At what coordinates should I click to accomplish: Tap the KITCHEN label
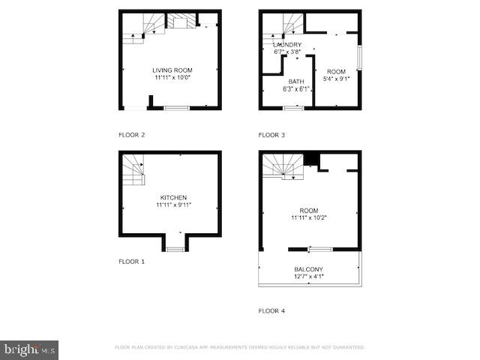point(173,197)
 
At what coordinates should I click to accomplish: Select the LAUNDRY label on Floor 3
point(287,45)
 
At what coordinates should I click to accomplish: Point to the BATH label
point(295,82)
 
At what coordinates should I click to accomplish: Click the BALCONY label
point(309,269)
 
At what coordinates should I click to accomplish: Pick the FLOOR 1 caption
point(131,262)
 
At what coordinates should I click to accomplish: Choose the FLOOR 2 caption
point(131,135)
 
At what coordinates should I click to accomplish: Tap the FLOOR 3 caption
point(271,135)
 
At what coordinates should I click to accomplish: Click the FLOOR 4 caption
point(271,310)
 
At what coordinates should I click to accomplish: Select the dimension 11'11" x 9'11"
point(172,205)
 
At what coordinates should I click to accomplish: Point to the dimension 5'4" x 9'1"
point(336,78)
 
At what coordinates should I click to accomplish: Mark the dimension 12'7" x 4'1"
point(309,277)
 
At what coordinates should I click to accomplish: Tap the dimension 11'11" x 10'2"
point(309,217)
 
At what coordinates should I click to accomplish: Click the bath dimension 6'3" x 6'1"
point(295,89)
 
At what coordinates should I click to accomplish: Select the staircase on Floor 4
point(283,166)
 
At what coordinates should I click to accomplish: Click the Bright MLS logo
point(29,349)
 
